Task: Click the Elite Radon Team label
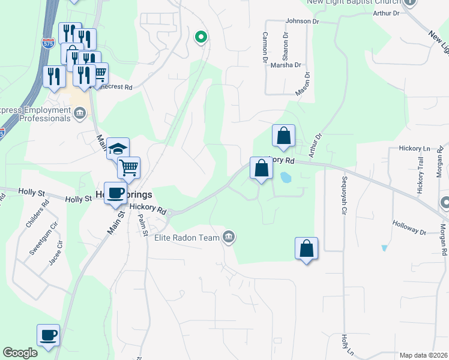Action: tap(186, 238)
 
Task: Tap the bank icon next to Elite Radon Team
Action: tap(229, 237)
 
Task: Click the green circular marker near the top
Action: tap(201, 37)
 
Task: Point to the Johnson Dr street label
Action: tap(303, 21)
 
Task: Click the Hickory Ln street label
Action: tap(415, 148)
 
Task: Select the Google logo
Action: tap(20, 353)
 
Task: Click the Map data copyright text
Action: tap(423, 355)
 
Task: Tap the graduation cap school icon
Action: tap(118, 148)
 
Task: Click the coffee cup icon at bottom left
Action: tap(48, 335)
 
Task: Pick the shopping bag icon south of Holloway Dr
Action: tap(306, 248)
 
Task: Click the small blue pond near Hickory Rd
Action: tap(285, 178)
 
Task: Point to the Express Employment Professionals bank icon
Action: tap(80, 112)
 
